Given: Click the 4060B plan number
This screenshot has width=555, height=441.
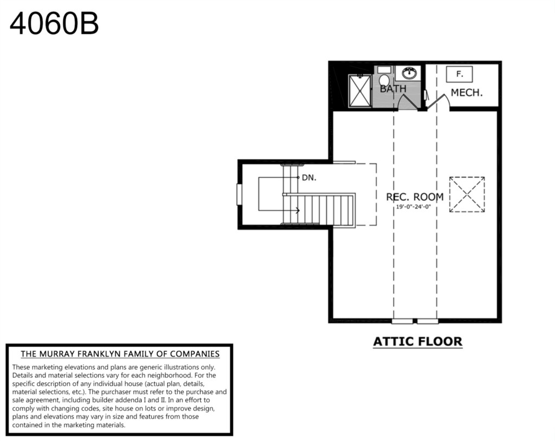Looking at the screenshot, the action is [x=54, y=24].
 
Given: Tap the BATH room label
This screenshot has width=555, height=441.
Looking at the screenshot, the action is [x=393, y=89].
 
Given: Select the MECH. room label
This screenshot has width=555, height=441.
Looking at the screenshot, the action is [x=467, y=93].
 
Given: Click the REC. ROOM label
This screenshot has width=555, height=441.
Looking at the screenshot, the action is [x=415, y=197].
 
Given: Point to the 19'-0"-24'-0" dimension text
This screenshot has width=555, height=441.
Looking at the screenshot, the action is [x=413, y=207].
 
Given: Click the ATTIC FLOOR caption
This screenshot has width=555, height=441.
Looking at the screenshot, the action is [x=418, y=341].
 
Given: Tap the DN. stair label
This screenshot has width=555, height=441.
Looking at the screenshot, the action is [x=309, y=178].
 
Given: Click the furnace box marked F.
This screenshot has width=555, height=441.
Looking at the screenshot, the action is [x=459, y=74].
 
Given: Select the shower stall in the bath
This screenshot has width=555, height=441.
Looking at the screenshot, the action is [x=360, y=90].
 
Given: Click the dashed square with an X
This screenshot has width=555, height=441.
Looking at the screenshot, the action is [x=467, y=194].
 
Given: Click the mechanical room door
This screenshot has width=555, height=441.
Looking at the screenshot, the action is [x=437, y=101].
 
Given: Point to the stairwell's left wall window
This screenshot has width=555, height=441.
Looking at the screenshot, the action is [x=239, y=194].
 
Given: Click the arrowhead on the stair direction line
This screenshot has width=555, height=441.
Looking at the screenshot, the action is [x=298, y=211].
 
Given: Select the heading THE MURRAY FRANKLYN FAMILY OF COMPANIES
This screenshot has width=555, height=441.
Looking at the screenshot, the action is [x=120, y=354].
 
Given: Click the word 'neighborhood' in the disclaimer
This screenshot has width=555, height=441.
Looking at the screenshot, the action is [x=174, y=375].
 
